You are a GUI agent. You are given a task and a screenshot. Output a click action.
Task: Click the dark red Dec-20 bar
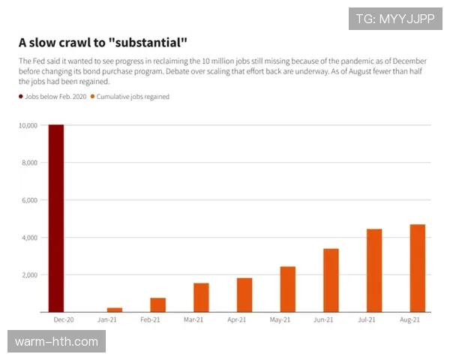[56, 217]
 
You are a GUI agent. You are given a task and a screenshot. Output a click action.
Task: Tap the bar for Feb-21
[157, 304]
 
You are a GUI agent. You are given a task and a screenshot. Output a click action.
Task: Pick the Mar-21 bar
[201, 297]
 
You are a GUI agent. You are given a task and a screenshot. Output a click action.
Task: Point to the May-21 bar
[288, 289]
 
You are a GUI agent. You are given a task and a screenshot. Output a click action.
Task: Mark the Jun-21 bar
[331, 280]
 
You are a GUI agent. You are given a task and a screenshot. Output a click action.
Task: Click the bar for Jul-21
[374, 270]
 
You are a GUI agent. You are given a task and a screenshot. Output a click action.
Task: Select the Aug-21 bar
[418, 268]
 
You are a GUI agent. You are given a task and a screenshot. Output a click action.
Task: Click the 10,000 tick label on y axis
[28, 126]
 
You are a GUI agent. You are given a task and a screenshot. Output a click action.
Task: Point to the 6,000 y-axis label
[29, 200]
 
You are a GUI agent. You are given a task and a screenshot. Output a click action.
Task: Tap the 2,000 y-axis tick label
[29, 275]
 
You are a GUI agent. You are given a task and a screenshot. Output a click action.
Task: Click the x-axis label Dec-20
[63, 320]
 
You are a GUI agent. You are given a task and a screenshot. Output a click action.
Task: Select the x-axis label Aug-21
[410, 320]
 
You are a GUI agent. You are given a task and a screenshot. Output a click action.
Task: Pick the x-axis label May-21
[280, 320]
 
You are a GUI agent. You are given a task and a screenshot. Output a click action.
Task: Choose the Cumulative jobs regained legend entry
[132, 97]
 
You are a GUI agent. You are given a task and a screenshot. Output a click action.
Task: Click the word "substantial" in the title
[139, 42]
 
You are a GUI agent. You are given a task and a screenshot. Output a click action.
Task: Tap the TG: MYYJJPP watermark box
[396, 19]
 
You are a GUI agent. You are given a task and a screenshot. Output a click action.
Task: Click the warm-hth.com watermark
[56, 342]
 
